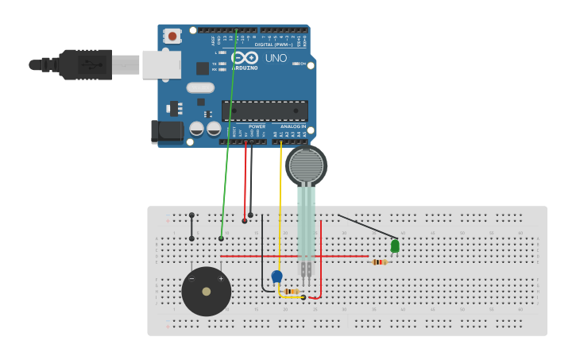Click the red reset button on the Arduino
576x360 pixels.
(x=172, y=36)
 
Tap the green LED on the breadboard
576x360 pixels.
(x=395, y=246)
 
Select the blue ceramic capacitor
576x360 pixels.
(x=276, y=276)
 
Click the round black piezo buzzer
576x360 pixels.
(x=207, y=292)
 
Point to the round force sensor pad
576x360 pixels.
(x=306, y=166)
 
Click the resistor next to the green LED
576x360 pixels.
(x=380, y=261)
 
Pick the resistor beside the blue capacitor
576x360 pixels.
(x=292, y=292)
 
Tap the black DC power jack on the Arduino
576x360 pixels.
(x=168, y=131)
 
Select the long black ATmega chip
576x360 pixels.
(x=265, y=110)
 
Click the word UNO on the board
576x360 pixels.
(x=276, y=58)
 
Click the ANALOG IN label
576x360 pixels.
(x=292, y=126)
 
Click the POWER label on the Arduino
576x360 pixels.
(x=257, y=126)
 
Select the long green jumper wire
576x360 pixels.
(x=229, y=135)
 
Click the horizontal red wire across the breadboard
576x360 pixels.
(x=294, y=257)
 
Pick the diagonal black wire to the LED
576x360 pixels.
(x=365, y=226)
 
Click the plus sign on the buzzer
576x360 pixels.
(x=221, y=279)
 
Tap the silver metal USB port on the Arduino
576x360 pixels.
(x=161, y=64)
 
